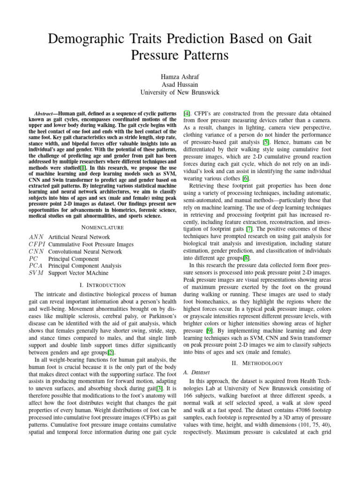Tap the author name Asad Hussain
point(180,84)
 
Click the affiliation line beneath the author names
point(180,92)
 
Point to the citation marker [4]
point(187,114)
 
